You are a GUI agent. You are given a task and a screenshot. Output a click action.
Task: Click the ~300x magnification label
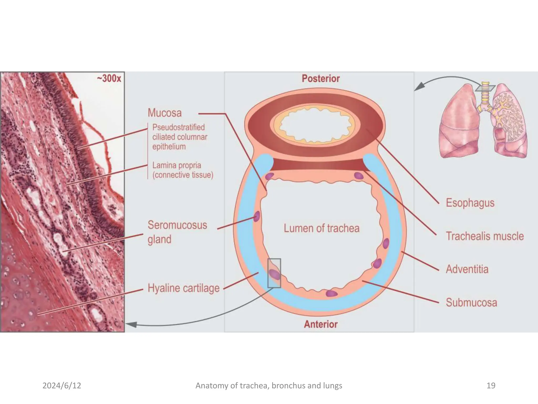[109, 78]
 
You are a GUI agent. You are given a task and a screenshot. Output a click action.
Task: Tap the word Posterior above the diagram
[320, 78]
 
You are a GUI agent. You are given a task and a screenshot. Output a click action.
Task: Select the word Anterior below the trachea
[320, 324]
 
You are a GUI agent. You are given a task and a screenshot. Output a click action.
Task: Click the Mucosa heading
[165, 113]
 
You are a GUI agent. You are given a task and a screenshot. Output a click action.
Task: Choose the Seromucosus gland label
[177, 232]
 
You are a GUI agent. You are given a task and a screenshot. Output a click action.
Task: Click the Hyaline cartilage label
[183, 288]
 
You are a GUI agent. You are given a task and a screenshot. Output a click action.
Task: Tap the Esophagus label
[470, 203]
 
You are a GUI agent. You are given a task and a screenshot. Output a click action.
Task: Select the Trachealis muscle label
[485, 236]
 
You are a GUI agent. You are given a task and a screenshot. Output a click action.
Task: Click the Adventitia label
[467, 269]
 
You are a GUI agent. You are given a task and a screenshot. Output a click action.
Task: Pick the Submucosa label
[471, 302]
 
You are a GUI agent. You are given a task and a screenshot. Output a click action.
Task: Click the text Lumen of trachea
[321, 228]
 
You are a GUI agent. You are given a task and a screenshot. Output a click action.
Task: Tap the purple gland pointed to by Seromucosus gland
[257, 216]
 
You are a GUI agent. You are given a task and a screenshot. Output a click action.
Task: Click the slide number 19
[491, 386]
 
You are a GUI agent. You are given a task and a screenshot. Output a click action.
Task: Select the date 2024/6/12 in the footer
[62, 386]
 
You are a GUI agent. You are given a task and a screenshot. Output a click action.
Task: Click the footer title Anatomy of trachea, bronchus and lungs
[269, 386]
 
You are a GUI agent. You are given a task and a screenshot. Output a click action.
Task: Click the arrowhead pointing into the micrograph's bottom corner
[131, 325]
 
